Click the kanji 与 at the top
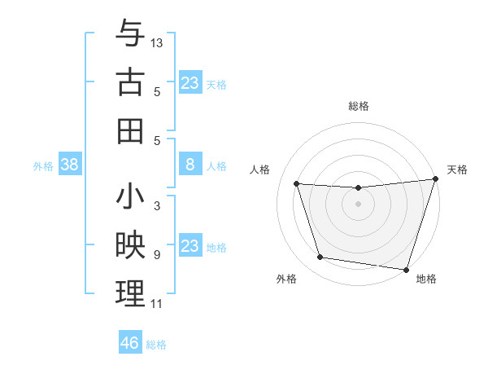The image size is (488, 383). click(130, 34)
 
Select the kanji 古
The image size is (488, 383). click(130, 82)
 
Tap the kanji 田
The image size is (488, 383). click(130, 130)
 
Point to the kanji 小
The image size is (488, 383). click(130, 198)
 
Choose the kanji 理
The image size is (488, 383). click(130, 294)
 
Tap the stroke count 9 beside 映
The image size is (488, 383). click(156, 255)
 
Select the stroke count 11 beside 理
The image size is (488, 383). click(156, 304)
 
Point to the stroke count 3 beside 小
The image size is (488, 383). click(156, 206)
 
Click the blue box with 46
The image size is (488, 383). click(130, 343)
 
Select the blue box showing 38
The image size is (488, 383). click(70, 165)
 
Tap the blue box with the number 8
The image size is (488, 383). click(190, 165)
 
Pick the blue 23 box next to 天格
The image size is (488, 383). click(190, 83)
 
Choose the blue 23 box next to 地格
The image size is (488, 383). click(190, 246)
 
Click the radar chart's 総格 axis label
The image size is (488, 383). click(358, 106)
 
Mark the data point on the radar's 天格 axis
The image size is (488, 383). click(435, 179)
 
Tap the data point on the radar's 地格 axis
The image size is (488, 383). click(406, 269)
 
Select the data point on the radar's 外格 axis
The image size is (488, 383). click(320, 258)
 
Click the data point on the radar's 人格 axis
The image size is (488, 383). click(297, 184)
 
